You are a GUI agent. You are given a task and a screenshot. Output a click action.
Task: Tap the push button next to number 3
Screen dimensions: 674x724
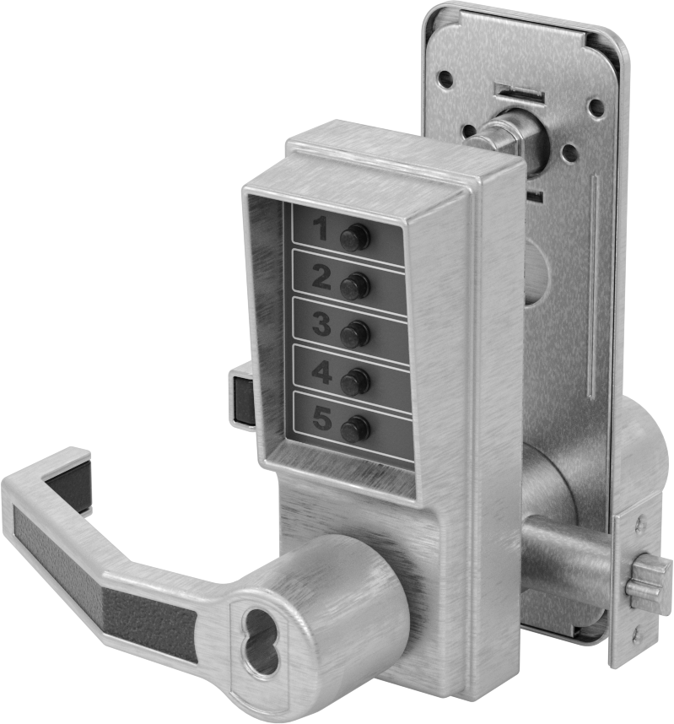coord(355,334)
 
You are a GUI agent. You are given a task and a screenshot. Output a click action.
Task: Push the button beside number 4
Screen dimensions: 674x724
coord(355,382)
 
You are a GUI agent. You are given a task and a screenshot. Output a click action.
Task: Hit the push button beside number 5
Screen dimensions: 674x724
coord(355,429)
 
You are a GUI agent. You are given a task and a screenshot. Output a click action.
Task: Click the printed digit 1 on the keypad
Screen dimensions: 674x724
coord(321,229)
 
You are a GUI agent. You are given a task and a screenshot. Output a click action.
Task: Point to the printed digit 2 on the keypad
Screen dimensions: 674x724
coord(321,277)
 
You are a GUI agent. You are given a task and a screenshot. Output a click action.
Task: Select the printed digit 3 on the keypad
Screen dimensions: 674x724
coord(322,324)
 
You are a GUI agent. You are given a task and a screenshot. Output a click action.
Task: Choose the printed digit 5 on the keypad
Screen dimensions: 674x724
coord(322,419)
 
